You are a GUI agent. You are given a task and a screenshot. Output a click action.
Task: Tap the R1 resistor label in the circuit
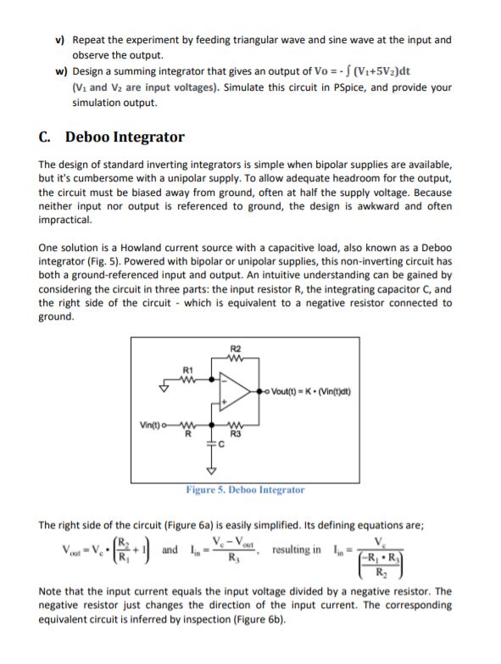(189, 370)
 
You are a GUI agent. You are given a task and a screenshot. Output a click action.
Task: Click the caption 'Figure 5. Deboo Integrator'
(245, 489)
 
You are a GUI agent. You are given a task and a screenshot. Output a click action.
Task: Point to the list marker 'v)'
(60, 40)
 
